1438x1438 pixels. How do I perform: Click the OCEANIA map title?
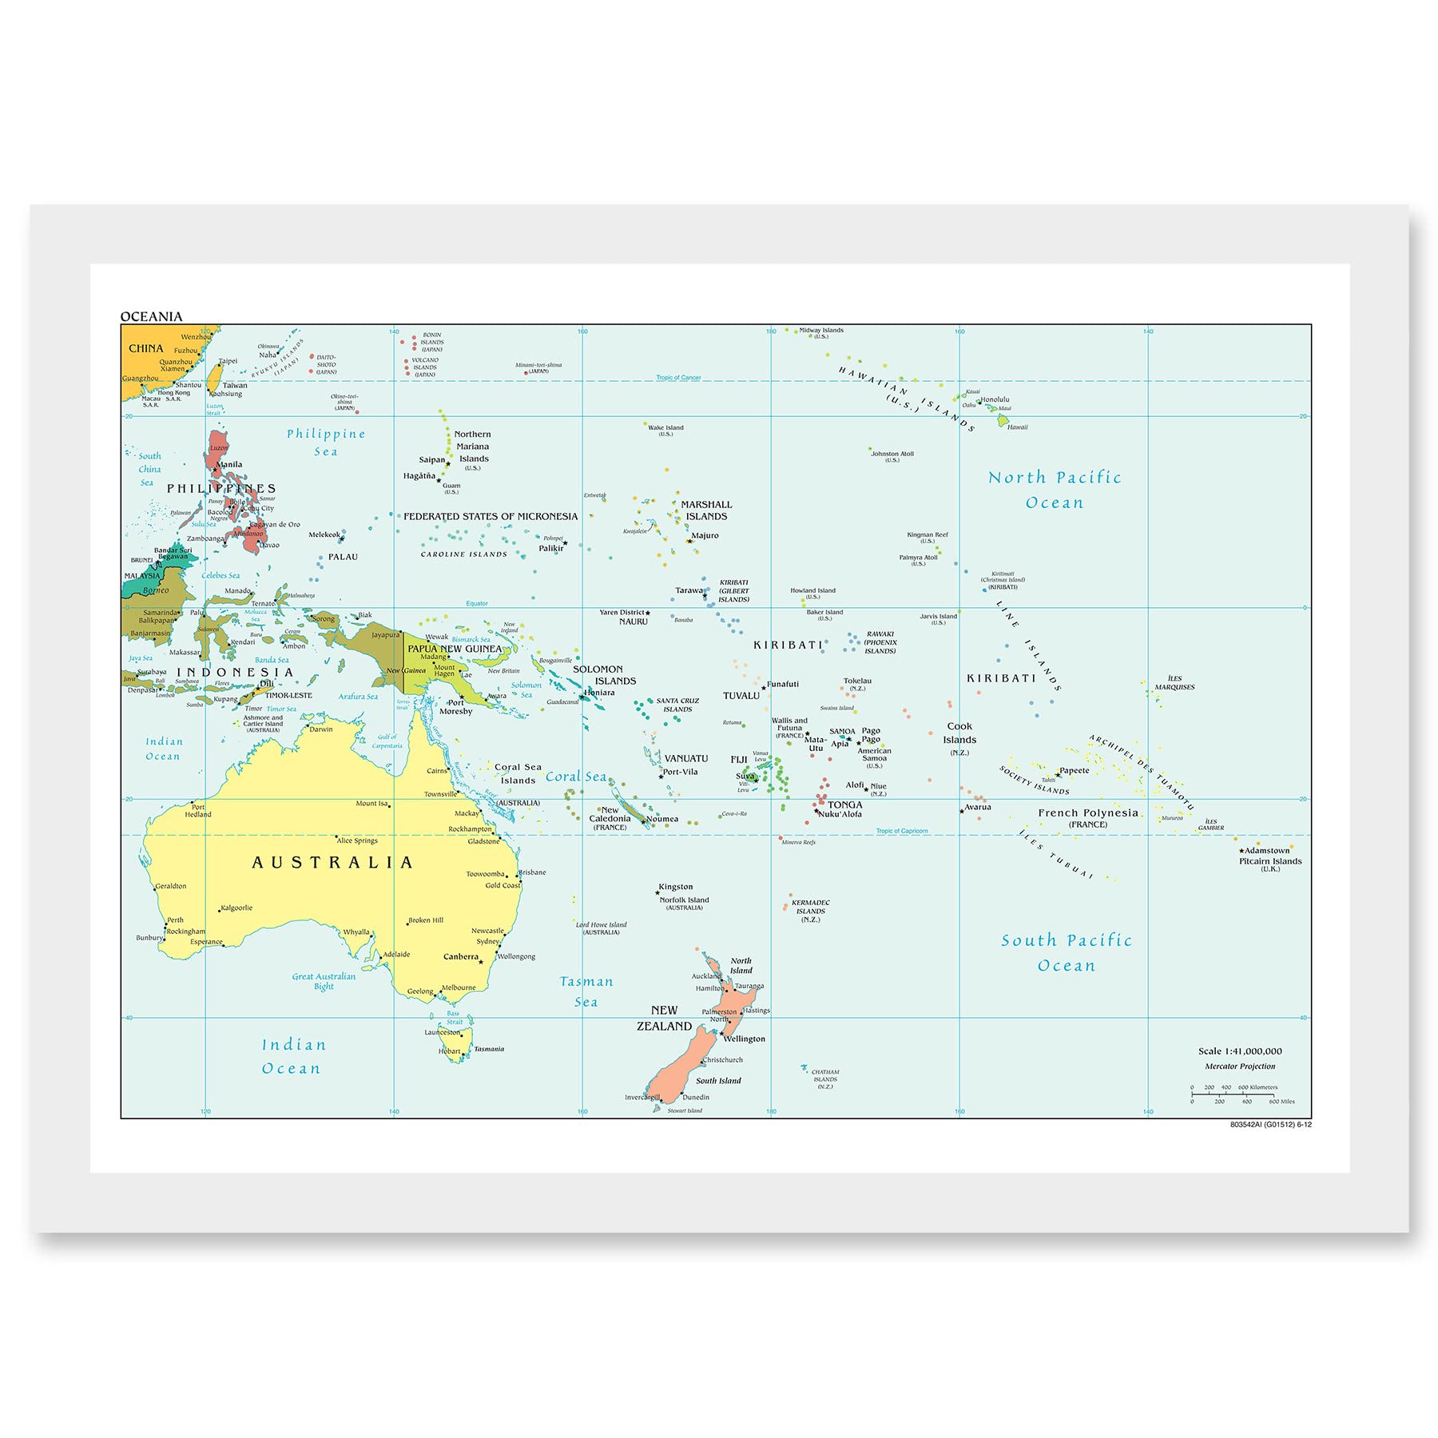point(151,316)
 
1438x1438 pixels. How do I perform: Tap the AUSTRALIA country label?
point(332,863)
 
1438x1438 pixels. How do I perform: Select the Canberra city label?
point(461,956)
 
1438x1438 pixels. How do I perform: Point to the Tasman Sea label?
point(586,991)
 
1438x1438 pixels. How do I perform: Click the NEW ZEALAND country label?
point(664,1019)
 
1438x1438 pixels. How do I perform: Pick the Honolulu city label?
point(995,399)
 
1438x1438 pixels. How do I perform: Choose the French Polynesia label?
point(1088,813)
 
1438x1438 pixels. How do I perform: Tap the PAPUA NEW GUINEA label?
point(455,649)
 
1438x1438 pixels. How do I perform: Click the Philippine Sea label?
point(326,443)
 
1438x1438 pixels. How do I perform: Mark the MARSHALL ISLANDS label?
point(706,510)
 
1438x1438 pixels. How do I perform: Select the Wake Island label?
point(665,428)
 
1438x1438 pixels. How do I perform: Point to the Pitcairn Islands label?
point(1270,861)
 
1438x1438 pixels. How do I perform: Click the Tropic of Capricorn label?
point(902,831)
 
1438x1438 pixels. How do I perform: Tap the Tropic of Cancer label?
point(678,378)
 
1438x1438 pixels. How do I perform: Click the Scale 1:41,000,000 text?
point(1240,1051)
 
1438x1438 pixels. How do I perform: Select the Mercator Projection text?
point(1240,1067)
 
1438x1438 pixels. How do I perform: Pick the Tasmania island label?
point(489,1049)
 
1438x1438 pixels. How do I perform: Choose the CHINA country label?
point(145,348)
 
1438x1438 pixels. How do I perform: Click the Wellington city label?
point(745,1039)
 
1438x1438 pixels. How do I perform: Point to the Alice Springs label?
point(357,840)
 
